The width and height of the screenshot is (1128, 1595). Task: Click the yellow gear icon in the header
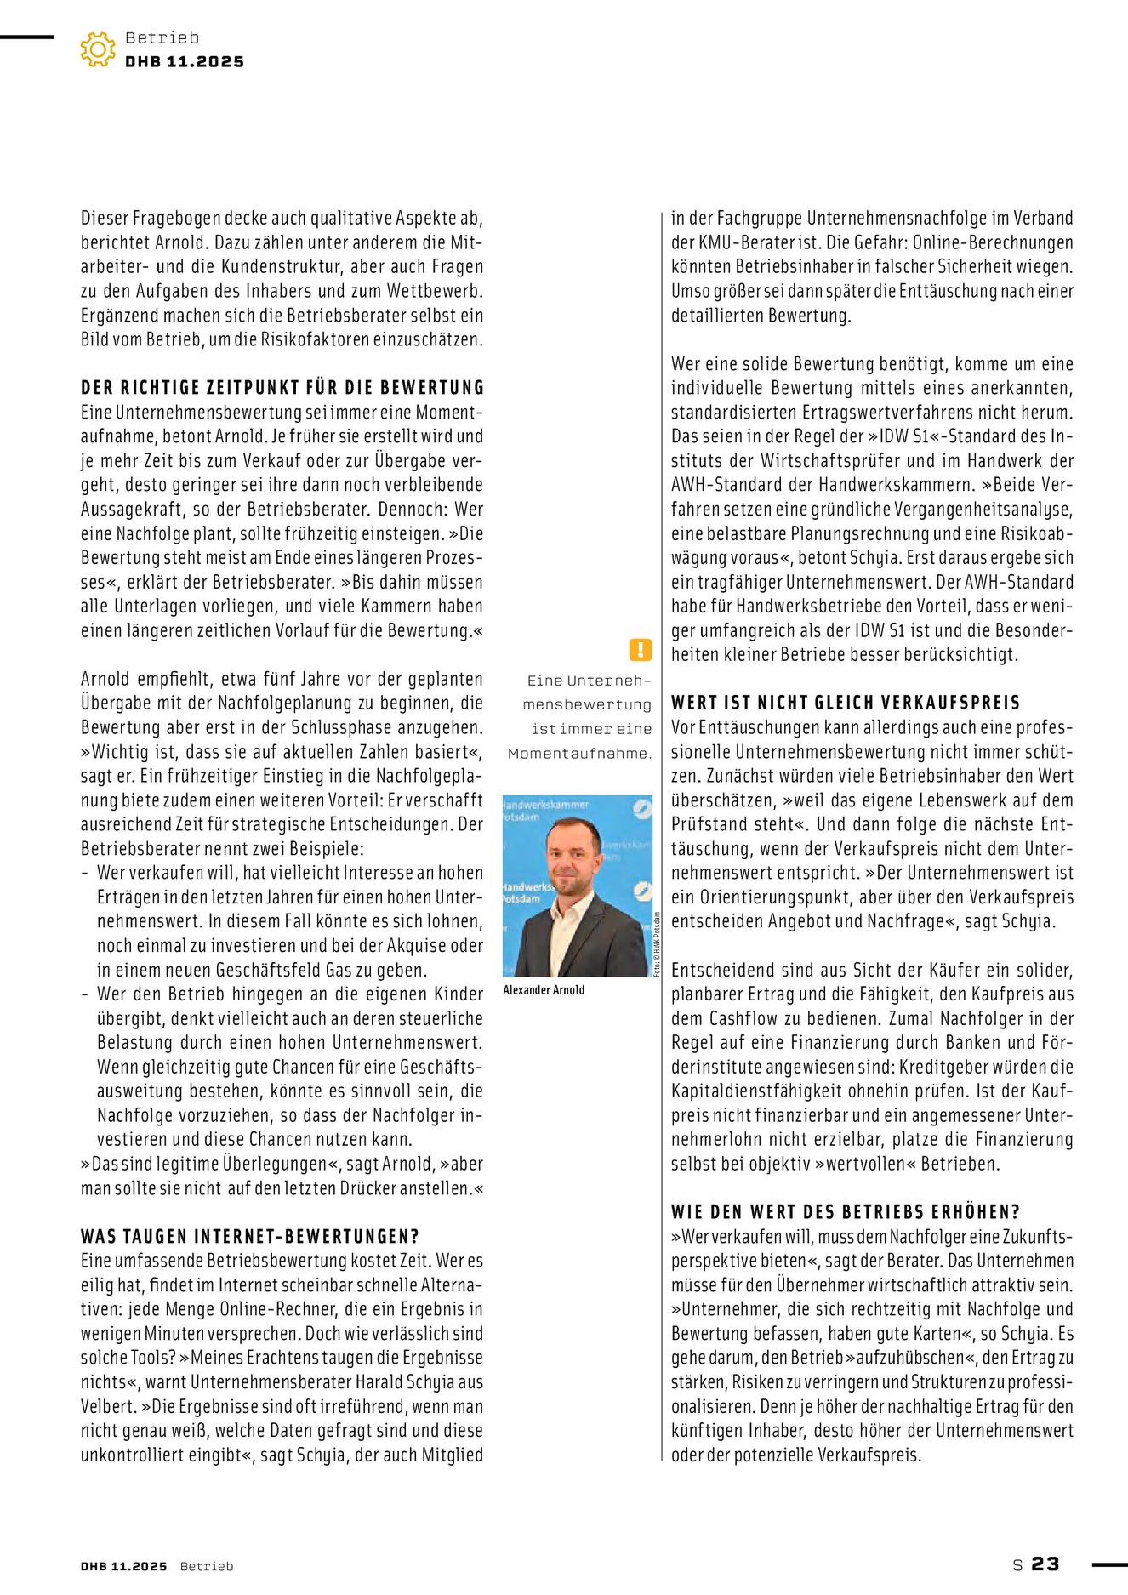tap(98, 49)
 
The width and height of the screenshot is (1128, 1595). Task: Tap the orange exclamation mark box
tap(640, 650)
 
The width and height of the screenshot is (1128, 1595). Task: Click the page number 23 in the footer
tap(1045, 1564)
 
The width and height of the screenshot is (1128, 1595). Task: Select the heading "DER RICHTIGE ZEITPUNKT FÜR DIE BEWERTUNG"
tap(282, 388)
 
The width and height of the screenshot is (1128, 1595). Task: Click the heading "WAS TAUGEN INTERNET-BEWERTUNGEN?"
tap(250, 1236)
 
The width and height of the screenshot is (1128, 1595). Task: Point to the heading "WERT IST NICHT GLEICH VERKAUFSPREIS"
tap(846, 703)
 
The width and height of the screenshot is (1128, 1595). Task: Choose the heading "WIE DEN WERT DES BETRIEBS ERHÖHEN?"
tap(846, 1211)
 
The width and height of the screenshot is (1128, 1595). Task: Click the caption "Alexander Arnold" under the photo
tap(544, 990)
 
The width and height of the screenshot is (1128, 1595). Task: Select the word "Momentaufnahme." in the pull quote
tap(579, 753)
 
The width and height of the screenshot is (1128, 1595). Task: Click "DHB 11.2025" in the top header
tap(185, 62)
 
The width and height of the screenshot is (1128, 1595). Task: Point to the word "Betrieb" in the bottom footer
tap(207, 1566)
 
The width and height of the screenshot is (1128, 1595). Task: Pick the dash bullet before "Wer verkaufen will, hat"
tap(85, 873)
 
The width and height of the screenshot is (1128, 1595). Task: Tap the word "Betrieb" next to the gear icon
tap(162, 38)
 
